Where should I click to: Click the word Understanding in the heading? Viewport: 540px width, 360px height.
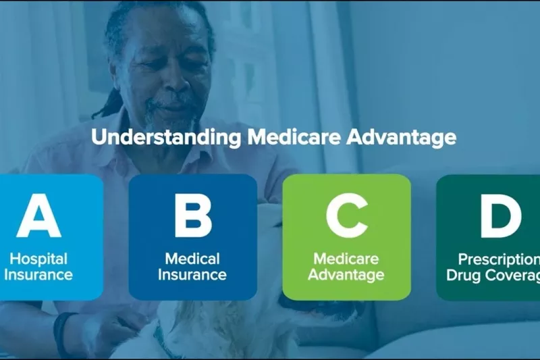[x=166, y=138]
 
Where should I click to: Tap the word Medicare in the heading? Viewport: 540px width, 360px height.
[x=294, y=136]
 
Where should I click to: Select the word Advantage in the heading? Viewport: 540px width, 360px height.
[x=401, y=138]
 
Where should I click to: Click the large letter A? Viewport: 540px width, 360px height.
[x=39, y=215]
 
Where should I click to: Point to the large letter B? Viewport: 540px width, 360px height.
[x=192, y=215]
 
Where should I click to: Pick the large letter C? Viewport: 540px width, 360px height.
[x=347, y=215]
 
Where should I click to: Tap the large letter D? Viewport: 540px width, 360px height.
[x=500, y=215]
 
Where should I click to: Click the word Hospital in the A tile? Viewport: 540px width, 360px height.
[x=38, y=259]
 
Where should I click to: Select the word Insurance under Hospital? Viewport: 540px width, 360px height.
[x=38, y=275]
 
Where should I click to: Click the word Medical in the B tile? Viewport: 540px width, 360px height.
[x=192, y=259]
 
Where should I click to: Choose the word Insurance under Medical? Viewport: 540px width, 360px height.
[x=192, y=275]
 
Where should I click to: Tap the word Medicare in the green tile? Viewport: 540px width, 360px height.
[x=346, y=259]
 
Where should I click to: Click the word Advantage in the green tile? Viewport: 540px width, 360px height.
[x=346, y=276]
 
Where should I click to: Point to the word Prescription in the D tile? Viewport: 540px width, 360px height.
[x=499, y=259]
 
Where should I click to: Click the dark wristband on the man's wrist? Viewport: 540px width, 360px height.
[x=62, y=332]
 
